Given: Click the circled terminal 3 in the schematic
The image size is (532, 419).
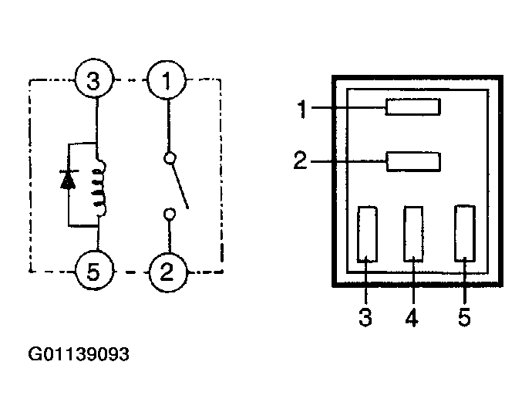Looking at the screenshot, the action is (93, 80).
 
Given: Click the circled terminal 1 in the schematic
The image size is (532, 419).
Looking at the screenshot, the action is (167, 80).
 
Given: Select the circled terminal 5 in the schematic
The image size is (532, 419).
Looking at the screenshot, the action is (93, 271).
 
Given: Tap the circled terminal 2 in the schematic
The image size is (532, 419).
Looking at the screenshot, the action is (167, 272).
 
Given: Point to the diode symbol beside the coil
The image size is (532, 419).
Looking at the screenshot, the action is (68, 180).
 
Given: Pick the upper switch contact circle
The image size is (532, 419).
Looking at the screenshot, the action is (170, 158).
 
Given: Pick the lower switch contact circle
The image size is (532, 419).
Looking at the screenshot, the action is (170, 214).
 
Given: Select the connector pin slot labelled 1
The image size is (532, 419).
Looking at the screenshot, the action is (413, 107).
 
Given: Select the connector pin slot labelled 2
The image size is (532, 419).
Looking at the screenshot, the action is (413, 162).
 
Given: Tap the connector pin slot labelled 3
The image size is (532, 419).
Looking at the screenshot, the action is (367, 235).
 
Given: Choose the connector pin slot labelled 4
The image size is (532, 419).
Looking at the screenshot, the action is (413, 234).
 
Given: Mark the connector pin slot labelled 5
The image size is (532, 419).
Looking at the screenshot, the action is (465, 233).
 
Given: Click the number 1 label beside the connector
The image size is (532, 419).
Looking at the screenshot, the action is (302, 109).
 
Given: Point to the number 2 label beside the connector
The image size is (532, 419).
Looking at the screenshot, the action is (300, 161).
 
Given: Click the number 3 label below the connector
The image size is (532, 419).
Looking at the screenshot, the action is (365, 317).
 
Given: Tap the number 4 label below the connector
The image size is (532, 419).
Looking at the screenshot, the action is (412, 317).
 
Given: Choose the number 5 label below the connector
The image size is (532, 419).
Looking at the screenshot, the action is (464, 317).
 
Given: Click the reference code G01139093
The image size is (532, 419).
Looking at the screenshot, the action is (79, 354).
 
